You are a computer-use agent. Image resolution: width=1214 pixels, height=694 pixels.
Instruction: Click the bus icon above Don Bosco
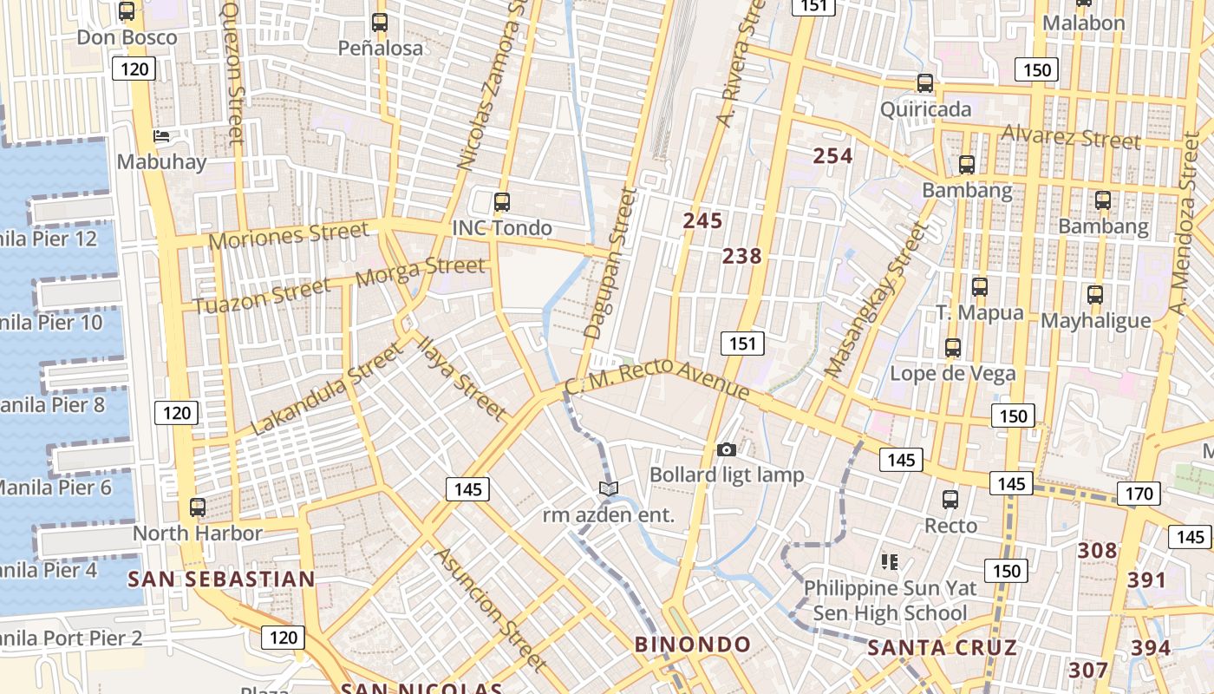[127, 12]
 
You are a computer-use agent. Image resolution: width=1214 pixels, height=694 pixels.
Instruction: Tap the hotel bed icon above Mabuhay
[161, 136]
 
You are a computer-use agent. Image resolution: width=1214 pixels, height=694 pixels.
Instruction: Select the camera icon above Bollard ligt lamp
[727, 449]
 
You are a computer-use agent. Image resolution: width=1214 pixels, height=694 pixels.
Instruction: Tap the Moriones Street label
[289, 235]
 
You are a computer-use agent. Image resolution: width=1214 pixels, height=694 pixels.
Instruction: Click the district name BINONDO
[693, 645]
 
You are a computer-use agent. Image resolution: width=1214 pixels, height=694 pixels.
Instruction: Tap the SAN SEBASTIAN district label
[221, 579]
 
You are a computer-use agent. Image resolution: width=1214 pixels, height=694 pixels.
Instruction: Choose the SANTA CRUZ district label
[942, 648]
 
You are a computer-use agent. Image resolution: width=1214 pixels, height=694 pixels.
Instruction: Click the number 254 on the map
[832, 156]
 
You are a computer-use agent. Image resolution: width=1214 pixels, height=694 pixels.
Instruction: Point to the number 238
[741, 256]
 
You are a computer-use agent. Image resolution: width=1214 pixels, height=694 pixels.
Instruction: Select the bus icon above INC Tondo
[501, 203]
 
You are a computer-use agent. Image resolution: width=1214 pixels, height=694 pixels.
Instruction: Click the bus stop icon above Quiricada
[925, 84]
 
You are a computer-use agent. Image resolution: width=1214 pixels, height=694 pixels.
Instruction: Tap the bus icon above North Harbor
[198, 507]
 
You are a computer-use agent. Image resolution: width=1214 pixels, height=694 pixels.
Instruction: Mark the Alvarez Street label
[1070, 136]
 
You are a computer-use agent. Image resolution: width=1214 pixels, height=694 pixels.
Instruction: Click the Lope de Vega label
[953, 374]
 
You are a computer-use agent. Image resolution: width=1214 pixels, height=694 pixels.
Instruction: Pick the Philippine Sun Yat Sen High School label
[890, 600]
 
